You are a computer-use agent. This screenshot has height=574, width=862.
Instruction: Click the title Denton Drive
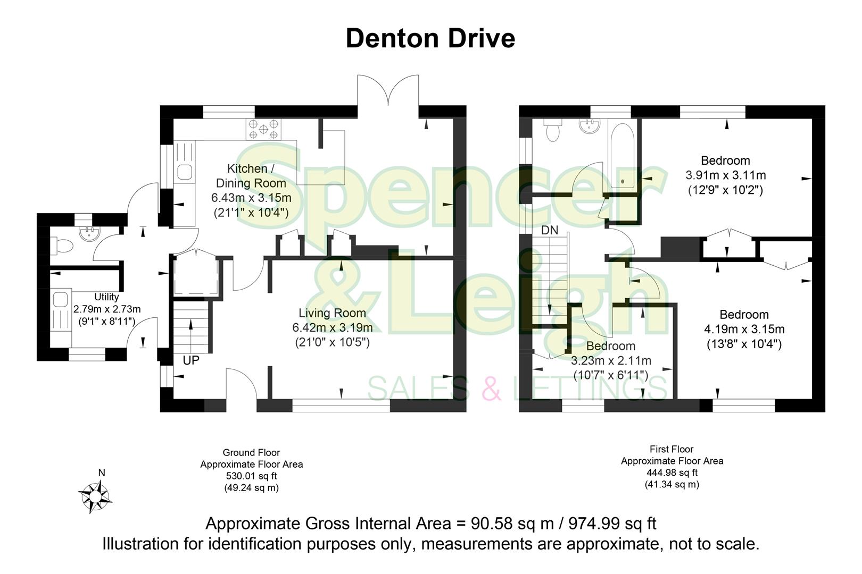[x=430, y=38]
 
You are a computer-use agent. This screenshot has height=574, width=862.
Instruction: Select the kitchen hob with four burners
[x=263, y=129]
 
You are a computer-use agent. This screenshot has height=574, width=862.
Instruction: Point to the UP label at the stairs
[x=191, y=360]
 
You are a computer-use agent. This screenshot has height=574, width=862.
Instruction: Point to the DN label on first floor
[x=550, y=230]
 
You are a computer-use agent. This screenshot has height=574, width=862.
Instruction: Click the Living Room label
[x=332, y=313]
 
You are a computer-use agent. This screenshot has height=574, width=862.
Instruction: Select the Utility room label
[x=106, y=297]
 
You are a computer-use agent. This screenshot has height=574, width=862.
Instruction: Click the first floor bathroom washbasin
[x=590, y=126]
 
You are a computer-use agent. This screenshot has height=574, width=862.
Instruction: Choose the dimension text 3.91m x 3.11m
[x=725, y=175]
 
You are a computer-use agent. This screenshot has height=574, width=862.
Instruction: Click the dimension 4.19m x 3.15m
[x=744, y=329]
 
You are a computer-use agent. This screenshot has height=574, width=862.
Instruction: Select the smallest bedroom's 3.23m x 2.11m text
[x=611, y=361]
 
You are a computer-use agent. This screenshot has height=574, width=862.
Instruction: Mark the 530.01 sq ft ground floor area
[x=251, y=476]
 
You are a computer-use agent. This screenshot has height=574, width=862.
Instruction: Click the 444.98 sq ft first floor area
[x=672, y=472]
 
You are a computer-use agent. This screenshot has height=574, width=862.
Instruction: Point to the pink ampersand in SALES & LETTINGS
[x=491, y=387]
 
